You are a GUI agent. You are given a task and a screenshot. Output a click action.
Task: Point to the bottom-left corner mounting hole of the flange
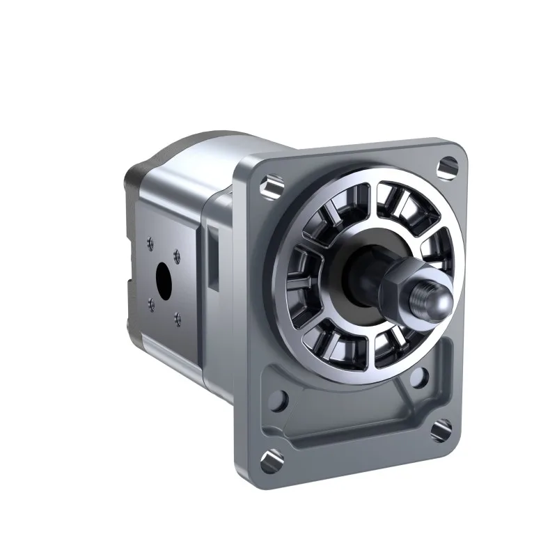point(270,457)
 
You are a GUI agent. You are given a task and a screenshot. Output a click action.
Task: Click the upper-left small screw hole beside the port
point(148,243)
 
